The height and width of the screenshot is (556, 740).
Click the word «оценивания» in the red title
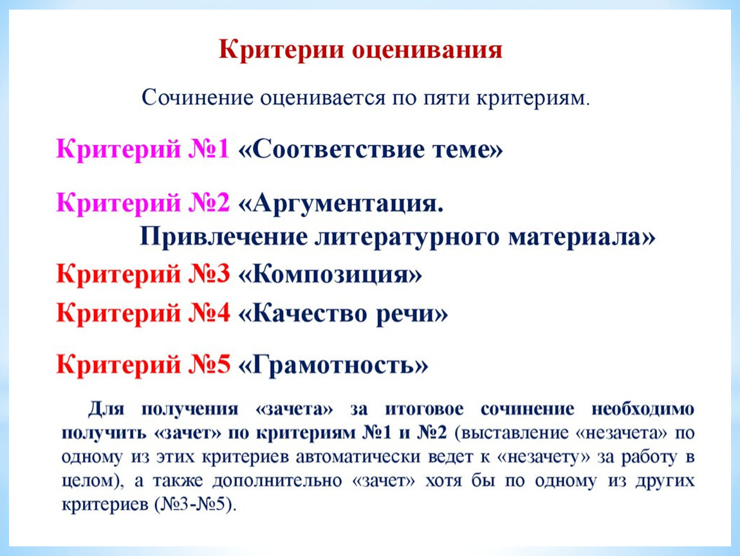[427, 50]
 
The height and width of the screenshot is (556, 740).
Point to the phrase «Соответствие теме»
[371, 149]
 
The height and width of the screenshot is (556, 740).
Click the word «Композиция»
[330, 274]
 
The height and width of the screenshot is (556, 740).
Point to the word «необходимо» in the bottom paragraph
[643, 409]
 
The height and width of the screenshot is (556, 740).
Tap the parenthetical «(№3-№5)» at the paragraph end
[196, 505]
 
